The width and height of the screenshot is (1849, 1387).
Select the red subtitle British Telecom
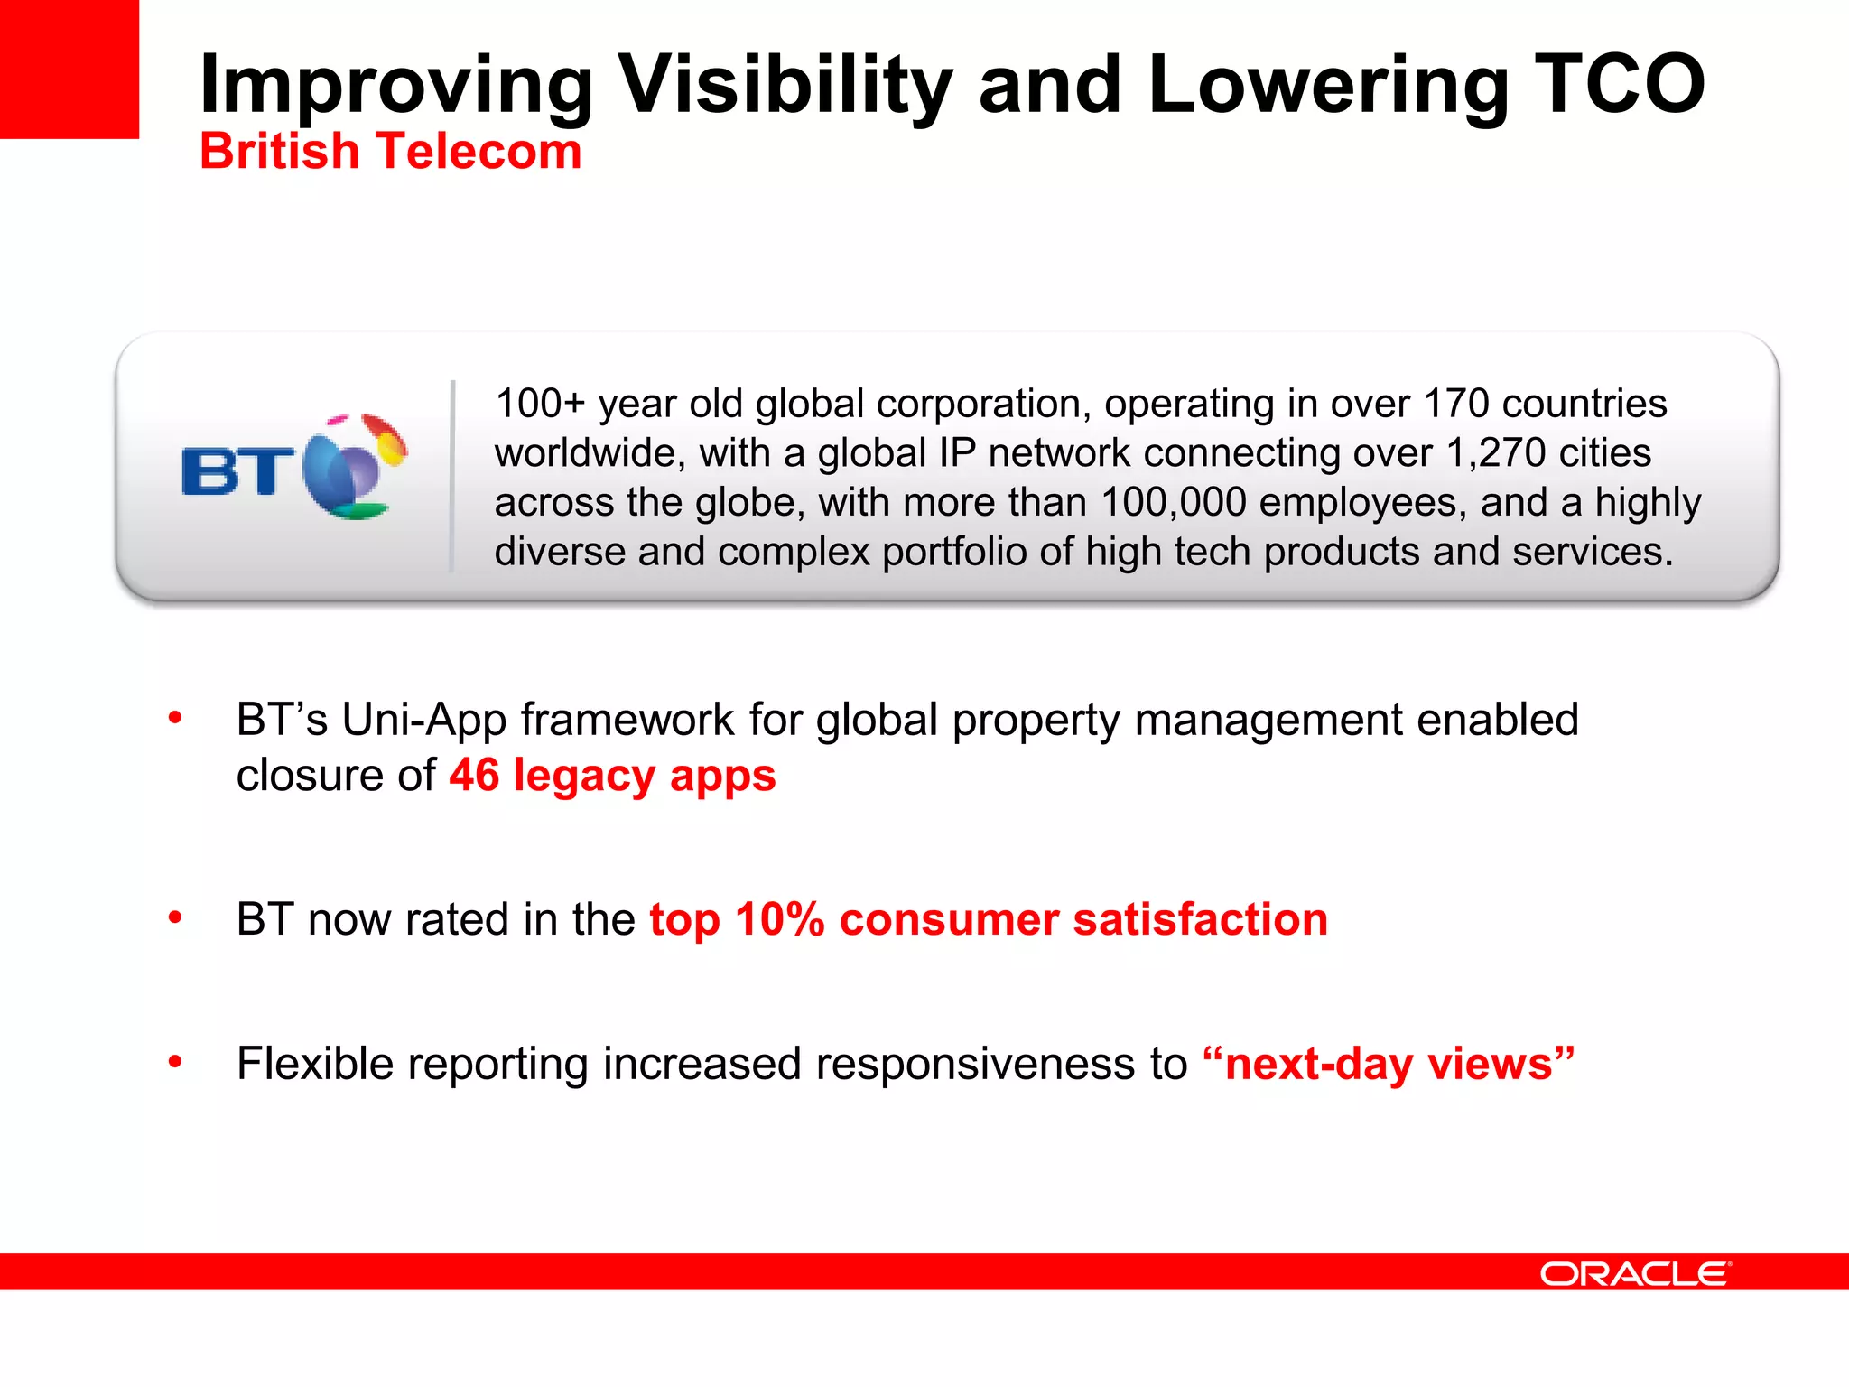(390, 151)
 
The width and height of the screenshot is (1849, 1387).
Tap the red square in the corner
(69, 69)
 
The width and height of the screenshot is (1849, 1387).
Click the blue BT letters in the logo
(237, 471)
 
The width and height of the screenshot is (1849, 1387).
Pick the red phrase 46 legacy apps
(612, 776)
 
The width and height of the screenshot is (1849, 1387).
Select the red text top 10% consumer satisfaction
(989, 920)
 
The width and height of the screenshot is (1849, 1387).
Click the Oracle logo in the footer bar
(1634, 1274)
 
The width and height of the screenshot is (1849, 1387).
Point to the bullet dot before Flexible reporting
(175, 1062)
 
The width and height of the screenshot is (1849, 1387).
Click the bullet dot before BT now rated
(175, 918)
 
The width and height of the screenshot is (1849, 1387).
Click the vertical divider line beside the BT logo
(452, 476)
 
